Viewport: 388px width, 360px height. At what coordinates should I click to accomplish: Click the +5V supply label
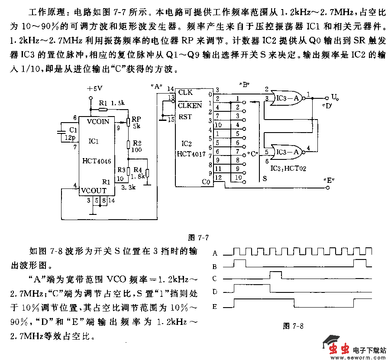(94, 88)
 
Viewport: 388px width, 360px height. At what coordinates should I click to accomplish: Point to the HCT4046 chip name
(97, 161)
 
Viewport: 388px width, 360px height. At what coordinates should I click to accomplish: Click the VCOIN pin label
(98, 121)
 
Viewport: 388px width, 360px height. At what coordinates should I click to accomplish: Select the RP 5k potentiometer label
(136, 122)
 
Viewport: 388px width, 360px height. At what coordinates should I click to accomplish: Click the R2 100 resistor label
(137, 146)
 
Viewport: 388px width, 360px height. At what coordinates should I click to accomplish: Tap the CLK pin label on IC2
(185, 92)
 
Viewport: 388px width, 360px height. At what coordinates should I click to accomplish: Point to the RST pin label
(185, 117)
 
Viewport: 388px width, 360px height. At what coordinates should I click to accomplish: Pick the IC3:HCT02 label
(288, 169)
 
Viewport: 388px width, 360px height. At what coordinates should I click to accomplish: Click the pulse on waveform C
(275, 275)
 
